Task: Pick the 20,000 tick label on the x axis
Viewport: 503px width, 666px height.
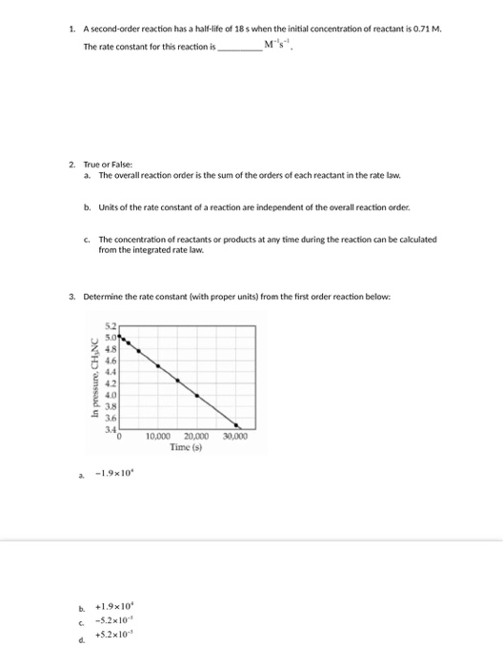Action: (196, 436)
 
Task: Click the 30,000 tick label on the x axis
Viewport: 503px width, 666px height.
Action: (234, 436)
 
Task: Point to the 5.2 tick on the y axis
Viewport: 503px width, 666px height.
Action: (110, 327)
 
